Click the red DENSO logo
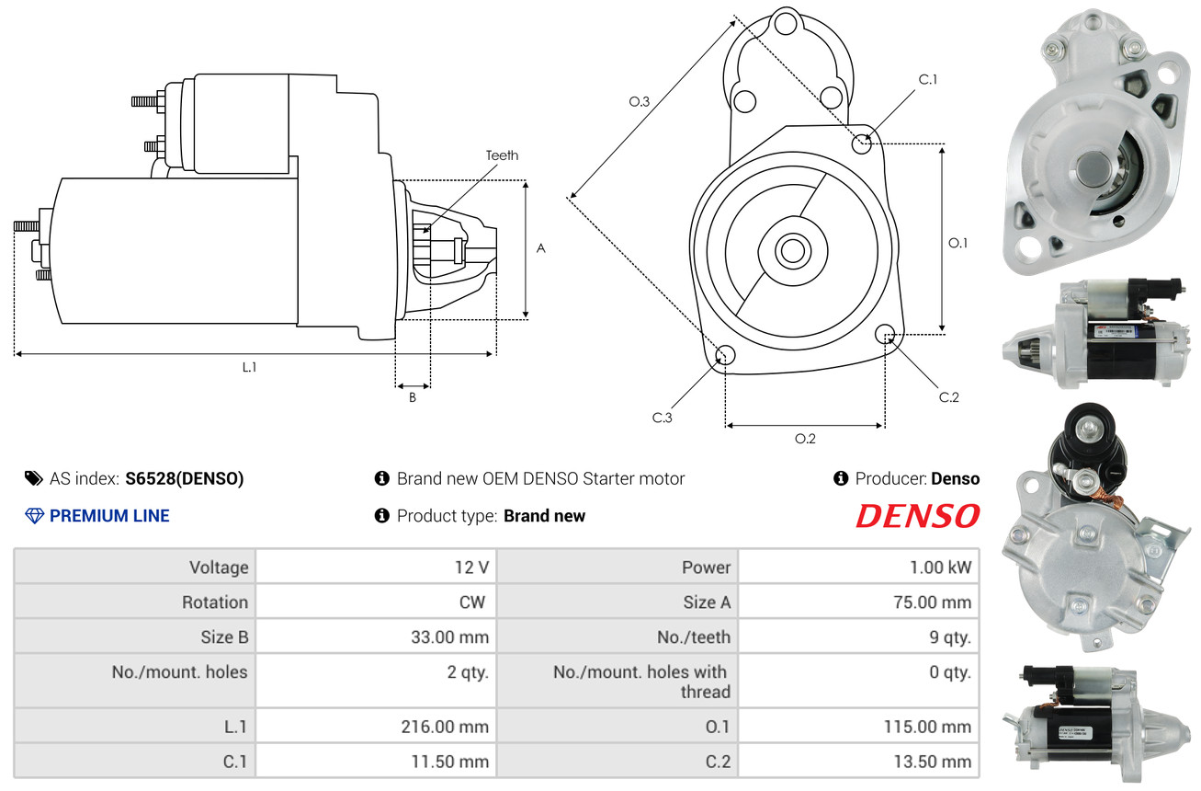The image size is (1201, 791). click(917, 517)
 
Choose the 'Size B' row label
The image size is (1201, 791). click(224, 636)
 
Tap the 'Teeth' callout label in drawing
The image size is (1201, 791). click(502, 155)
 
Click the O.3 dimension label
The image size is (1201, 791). click(640, 102)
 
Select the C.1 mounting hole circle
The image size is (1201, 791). click(862, 143)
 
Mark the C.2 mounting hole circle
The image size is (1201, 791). click(886, 334)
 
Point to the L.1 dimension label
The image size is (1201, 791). click(249, 367)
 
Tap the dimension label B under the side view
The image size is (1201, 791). click(413, 398)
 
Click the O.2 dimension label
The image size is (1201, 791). click(805, 439)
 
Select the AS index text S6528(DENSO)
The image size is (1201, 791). click(185, 478)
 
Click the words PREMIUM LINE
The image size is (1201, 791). click(109, 516)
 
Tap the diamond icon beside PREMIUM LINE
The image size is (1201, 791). click(34, 516)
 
